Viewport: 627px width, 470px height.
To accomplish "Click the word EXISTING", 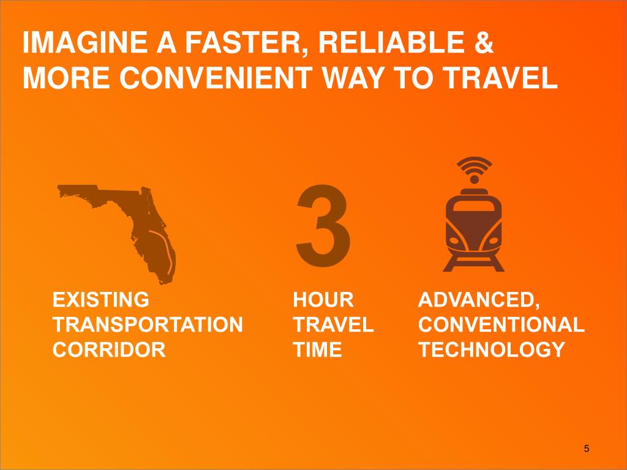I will (x=100, y=300).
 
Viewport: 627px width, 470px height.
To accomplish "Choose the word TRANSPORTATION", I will (x=148, y=324).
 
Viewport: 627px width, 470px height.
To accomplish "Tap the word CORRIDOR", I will (x=109, y=349).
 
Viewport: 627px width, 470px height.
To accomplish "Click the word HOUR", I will (x=323, y=300).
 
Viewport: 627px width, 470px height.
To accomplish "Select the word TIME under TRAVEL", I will (x=317, y=349).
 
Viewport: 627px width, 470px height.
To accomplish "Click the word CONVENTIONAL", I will (x=501, y=324).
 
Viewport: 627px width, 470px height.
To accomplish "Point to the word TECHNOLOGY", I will (x=491, y=349).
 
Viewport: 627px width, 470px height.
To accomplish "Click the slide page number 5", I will (x=586, y=449).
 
